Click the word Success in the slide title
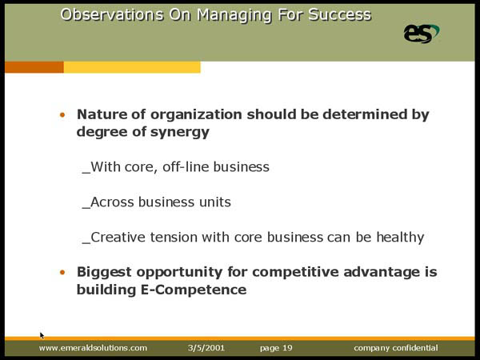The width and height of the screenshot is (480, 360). (x=339, y=14)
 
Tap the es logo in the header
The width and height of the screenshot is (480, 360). (x=422, y=34)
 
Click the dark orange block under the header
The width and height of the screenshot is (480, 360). (x=34, y=67)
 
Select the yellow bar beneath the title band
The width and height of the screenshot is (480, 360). (x=132, y=67)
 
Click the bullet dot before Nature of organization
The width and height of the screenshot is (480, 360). (x=62, y=115)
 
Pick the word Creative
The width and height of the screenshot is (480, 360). (x=118, y=238)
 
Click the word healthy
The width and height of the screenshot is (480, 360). (x=400, y=238)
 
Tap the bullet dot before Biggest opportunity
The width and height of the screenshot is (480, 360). (x=62, y=273)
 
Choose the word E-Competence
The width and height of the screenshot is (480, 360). (x=194, y=290)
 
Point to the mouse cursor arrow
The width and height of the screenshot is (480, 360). (x=42, y=335)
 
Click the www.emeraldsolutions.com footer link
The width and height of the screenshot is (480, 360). (x=93, y=348)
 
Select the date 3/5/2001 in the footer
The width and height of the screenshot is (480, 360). (x=206, y=348)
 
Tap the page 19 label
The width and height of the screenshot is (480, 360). (x=276, y=348)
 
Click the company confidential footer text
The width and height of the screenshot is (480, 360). (x=396, y=348)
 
